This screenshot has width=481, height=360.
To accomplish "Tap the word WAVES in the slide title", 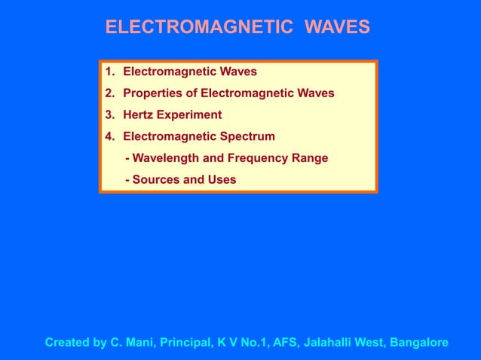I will [x=337, y=28].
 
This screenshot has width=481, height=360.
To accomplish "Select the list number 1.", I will [x=109, y=72].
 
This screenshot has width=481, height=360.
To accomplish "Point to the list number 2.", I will [x=109, y=93].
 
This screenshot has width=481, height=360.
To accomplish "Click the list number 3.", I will [x=109, y=115].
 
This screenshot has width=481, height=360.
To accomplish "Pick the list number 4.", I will [x=109, y=136].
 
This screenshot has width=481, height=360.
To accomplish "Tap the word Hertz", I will [x=139, y=115].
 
